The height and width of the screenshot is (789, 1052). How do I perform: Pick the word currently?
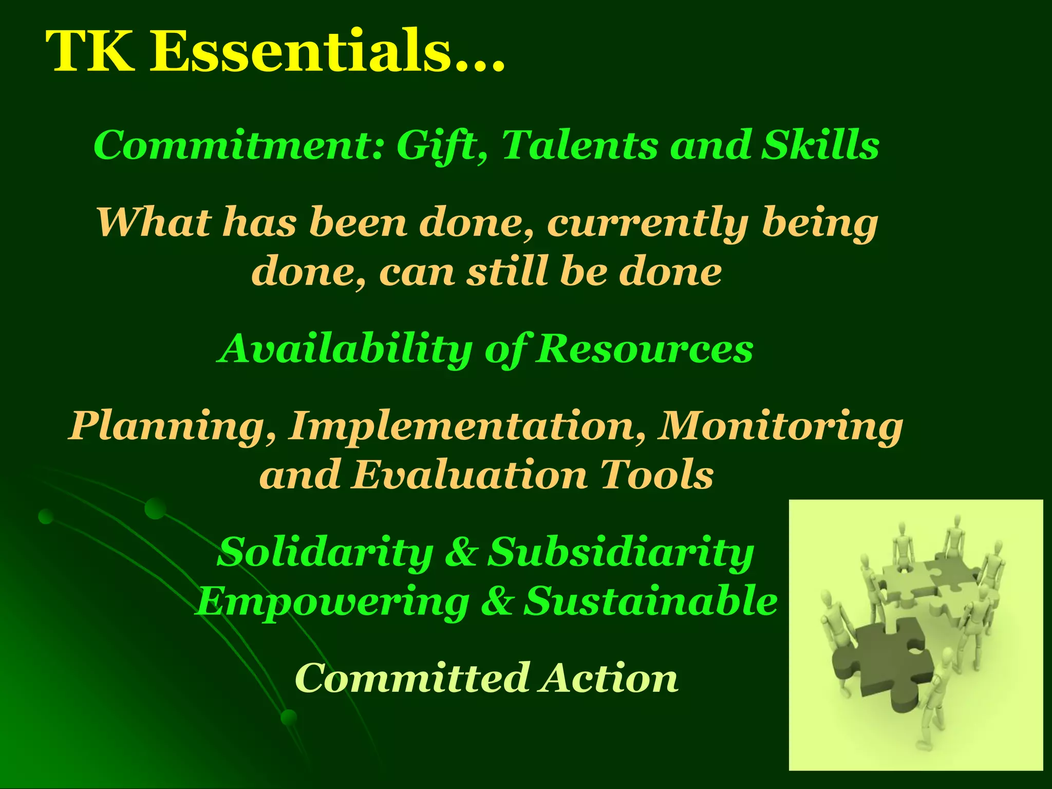tap(647, 224)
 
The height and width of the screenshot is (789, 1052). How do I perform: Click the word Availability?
tap(344, 349)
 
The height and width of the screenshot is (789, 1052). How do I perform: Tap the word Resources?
tap(644, 349)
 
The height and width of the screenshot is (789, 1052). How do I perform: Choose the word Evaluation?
tap(469, 475)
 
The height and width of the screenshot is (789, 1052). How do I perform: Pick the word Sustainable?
tap(650, 601)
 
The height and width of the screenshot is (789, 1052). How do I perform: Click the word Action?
tap(609, 678)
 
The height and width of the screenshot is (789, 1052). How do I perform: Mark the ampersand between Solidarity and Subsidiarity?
tap(461, 552)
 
